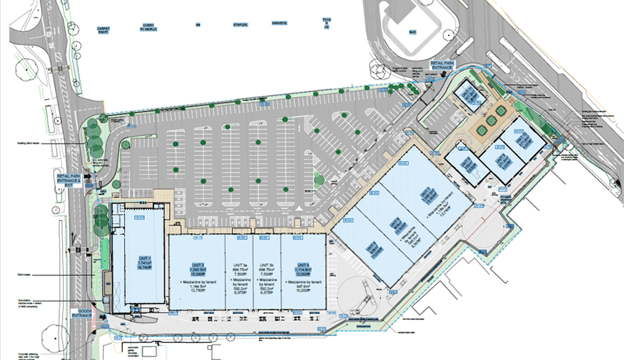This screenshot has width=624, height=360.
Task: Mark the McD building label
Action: pyautogui.click(x=411, y=32)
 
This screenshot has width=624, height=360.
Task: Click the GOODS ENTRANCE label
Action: pyautogui.click(x=82, y=312)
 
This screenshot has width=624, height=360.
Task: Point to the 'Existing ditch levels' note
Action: pyautogui.click(x=30, y=143)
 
